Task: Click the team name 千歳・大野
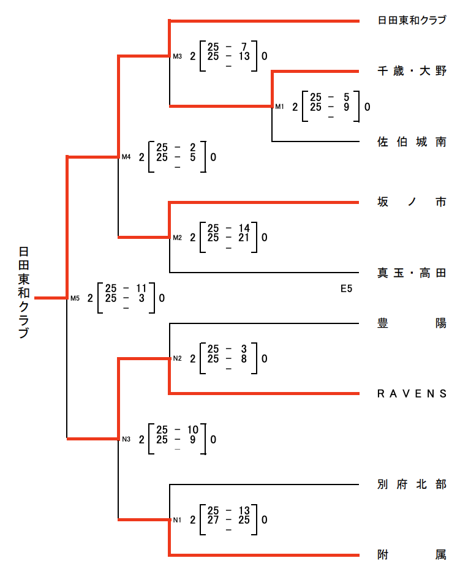[x=412, y=72]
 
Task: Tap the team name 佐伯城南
[x=412, y=142]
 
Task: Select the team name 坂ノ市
[x=412, y=202]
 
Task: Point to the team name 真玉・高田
[x=412, y=273]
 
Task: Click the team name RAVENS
[x=412, y=394]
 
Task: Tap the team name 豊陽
[x=412, y=323]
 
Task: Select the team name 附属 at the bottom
[x=412, y=556]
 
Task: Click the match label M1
[x=279, y=107]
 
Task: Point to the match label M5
[x=75, y=299]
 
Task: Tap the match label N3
[x=126, y=439]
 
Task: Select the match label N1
[x=177, y=521]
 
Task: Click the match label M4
[x=126, y=157]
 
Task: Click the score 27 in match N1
[x=213, y=520]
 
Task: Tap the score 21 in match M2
[x=243, y=237]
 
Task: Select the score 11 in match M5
[x=141, y=288]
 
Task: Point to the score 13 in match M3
[x=243, y=56]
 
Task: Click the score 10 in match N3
[x=192, y=429]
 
